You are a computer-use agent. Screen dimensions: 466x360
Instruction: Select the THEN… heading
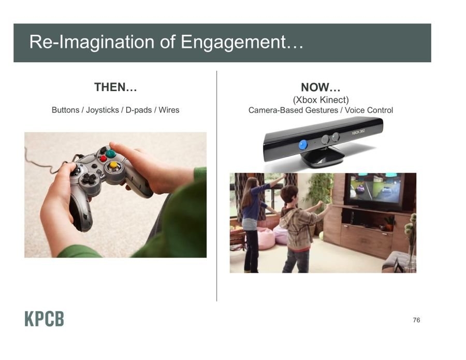click(115, 87)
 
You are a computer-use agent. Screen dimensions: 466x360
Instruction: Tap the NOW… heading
click(321, 87)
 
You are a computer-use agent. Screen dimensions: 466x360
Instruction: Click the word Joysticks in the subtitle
click(103, 110)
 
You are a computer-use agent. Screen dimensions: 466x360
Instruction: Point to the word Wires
click(169, 110)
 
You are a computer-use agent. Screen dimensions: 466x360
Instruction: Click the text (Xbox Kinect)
click(321, 99)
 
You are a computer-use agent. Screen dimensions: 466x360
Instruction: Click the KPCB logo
click(45, 319)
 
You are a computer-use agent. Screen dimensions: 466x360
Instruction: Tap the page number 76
click(416, 320)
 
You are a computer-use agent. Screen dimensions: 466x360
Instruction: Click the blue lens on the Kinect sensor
click(302, 145)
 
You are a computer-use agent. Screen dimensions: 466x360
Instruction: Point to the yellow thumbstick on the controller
click(113, 165)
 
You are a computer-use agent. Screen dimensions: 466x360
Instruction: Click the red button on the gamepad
click(103, 159)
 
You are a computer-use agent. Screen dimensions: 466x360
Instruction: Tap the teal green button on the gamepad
click(111, 153)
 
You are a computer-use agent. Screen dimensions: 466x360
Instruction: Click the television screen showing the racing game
click(376, 189)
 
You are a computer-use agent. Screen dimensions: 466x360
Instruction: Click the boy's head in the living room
click(289, 196)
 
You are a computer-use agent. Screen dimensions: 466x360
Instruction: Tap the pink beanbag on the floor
click(266, 238)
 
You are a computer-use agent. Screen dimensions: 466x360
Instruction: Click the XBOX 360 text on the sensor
click(358, 132)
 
